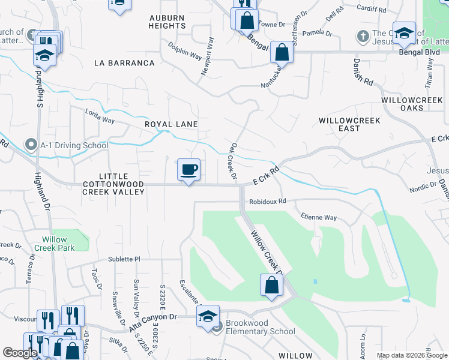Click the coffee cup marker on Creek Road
tap(188, 170)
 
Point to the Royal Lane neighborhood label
tap(171, 124)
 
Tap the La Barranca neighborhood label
tap(124, 63)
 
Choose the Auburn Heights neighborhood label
tap(167, 22)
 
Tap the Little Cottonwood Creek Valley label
tap(113, 183)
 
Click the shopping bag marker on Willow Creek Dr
tap(271, 284)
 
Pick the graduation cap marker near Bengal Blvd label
tap(405, 34)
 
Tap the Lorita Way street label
tap(100, 120)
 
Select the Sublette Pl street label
tap(124, 259)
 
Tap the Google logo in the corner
tap(19, 353)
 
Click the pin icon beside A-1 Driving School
tap(31, 145)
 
